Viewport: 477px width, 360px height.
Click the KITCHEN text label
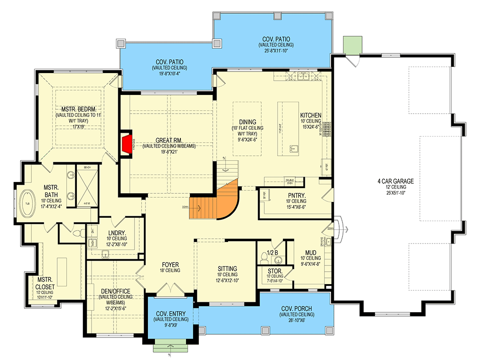tap(311, 116)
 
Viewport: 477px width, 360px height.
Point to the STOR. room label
tap(275, 271)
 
